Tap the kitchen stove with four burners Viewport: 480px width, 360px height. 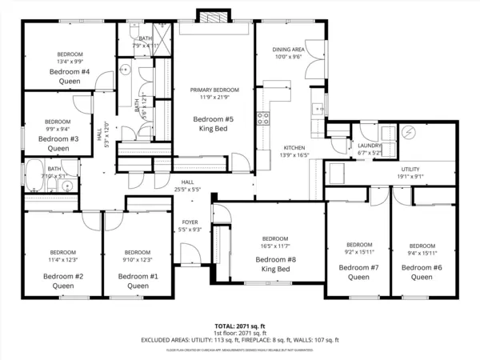(262, 120)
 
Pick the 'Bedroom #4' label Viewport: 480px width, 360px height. (70, 72)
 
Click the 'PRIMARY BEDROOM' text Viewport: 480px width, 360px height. (214, 90)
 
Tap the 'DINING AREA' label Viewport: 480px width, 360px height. (288, 50)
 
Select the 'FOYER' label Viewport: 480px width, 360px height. (190, 222)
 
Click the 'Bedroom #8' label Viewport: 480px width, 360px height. (275, 260)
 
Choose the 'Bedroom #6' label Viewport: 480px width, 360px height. (422, 267)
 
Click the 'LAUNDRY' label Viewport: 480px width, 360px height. (370, 146)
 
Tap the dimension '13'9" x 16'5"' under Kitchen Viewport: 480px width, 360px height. (295, 155)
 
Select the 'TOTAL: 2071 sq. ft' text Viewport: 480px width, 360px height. (240, 326)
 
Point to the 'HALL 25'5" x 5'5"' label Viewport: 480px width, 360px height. (187, 186)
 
